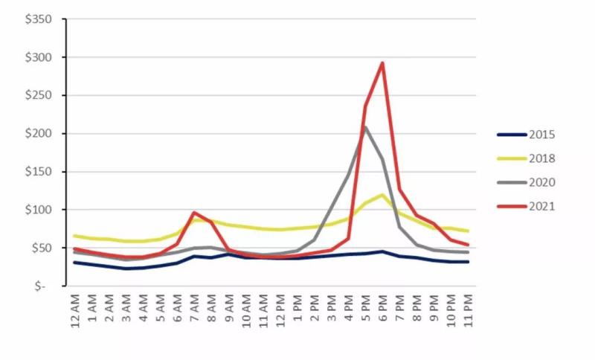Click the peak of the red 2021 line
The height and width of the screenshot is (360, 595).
click(x=382, y=62)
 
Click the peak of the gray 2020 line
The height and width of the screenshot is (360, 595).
click(x=365, y=127)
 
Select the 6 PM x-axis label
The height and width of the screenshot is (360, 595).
click(x=383, y=307)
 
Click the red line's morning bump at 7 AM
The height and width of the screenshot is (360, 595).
click(x=194, y=213)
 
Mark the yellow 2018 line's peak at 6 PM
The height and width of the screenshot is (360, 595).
click(x=382, y=195)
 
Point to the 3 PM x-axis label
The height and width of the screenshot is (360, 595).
click(x=332, y=307)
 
